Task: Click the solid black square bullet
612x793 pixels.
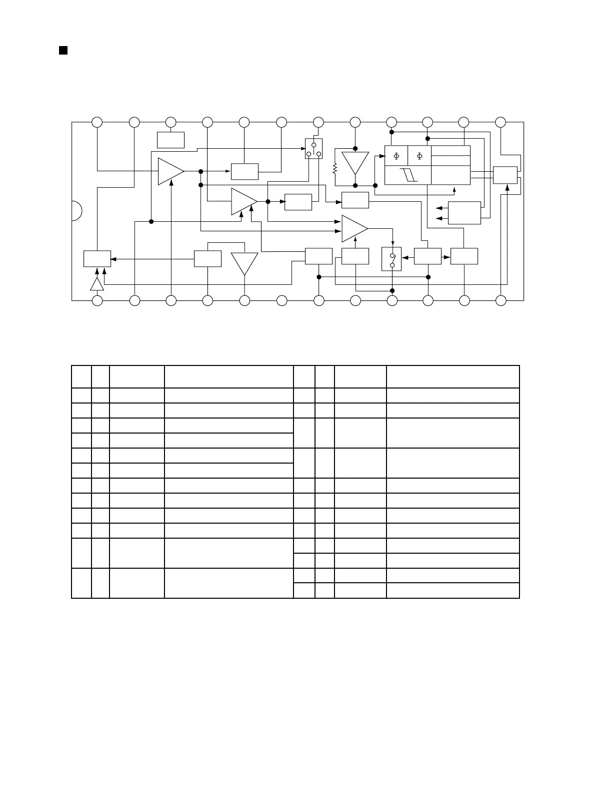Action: [63, 50]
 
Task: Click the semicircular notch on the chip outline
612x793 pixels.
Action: [76, 211]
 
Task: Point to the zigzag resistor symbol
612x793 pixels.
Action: [334, 169]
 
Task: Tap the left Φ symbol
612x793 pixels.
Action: [396, 156]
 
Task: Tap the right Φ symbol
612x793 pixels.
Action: [419, 156]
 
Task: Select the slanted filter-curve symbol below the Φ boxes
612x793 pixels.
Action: [408, 175]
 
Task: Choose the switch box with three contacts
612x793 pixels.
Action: [313, 149]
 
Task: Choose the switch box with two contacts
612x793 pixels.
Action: [391, 259]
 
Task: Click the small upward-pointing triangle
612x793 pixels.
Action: [97, 284]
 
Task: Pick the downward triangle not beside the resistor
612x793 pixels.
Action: [244, 262]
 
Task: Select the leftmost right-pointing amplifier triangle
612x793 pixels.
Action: [170, 171]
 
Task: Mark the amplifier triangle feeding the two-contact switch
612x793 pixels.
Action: [354, 228]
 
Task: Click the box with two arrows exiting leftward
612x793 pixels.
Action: [464, 213]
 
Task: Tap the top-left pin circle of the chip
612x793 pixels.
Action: [97, 122]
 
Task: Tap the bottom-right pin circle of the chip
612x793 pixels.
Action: [500, 300]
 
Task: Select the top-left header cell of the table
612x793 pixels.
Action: [81, 376]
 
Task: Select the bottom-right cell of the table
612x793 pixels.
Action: [452, 590]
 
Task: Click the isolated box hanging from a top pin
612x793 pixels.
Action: [170, 140]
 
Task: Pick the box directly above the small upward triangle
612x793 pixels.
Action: [97, 258]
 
